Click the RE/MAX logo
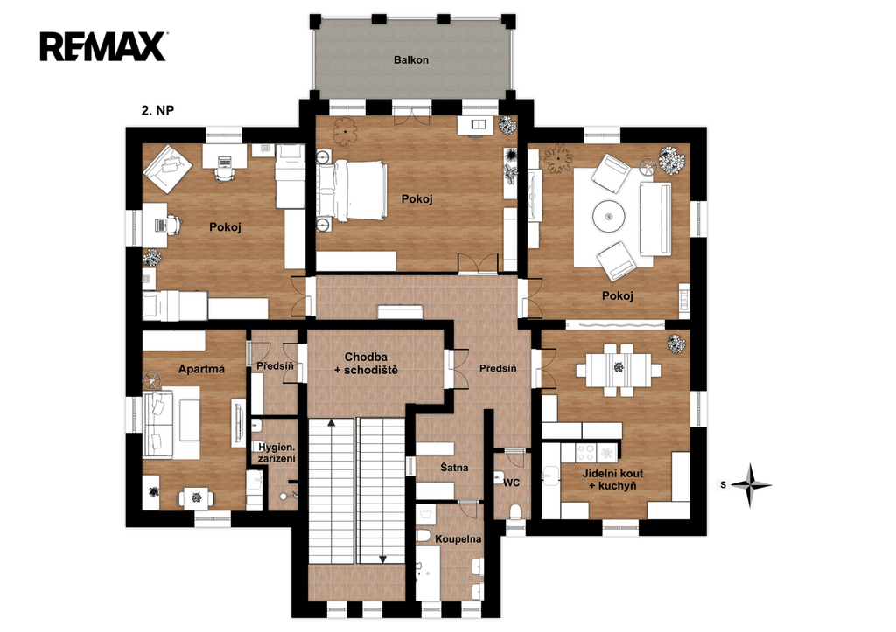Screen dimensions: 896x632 pyautogui.click(x=103, y=47)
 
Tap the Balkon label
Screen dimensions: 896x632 pyautogui.click(x=411, y=60)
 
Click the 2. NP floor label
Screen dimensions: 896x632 pyautogui.click(x=157, y=110)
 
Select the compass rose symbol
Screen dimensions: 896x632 pyautogui.click(x=751, y=485)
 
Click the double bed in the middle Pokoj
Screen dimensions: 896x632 pyautogui.click(x=351, y=191)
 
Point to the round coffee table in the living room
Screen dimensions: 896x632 pyautogui.click(x=609, y=217)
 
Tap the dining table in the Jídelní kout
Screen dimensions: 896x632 pyautogui.click(x=619, y=370)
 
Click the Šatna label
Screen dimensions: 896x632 pyautogui.click(x=454, y=468)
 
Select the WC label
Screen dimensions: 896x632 pyautogui.click(x=511, y=483)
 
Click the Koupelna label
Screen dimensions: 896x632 pyautogui.click(x=458, y=539)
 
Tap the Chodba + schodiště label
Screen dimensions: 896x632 pyautogui.click(x=366, y=364)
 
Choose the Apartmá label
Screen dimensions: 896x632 pyautogui.click(x=201, y=369)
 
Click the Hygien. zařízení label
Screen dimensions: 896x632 pyautogui.click(x=276, y=453)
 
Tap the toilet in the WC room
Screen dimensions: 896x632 pyautogui.click(x=515, y=510)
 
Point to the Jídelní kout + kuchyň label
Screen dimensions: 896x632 pyautogui.click(x=613, y=480)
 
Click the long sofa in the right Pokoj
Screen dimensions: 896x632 pyautogui.click(x=655, y=219)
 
